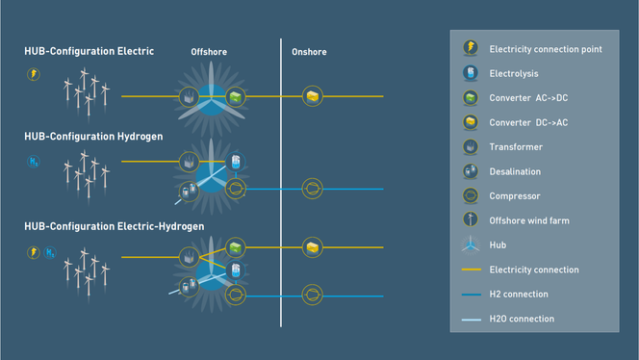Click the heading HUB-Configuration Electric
coord(88,49)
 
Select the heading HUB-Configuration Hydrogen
coord(92,137)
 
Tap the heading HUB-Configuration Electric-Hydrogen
coord(119,226)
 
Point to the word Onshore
coord(309,51)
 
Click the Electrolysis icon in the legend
coord(471,73)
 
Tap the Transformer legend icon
coord(471,147)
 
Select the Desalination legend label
coord(515,171)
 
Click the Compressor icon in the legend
coord(471,195)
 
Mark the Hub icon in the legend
coord(471,244)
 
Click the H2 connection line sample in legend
coord(471,295)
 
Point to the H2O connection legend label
coord(522,319)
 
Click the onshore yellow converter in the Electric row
coord(312,96)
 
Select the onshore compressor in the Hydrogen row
coord(312,189)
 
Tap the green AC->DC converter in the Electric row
coord(235,96)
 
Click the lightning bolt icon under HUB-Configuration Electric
coord(33,73)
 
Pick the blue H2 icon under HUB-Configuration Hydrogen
coord(33,163)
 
